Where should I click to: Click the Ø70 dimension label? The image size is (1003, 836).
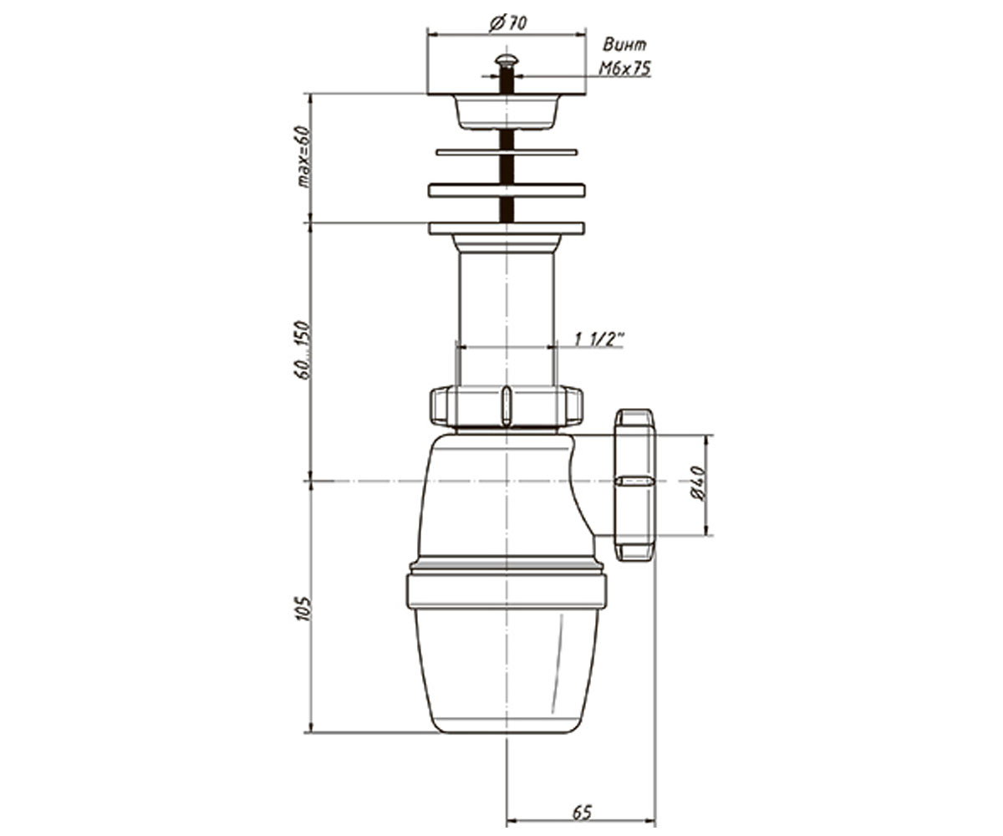[x=507, y=23]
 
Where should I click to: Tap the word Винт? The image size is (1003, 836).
[x=625, y=44]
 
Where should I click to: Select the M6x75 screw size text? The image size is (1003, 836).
[x=625, y=69]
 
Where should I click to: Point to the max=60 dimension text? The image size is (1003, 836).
[x=303, y=156]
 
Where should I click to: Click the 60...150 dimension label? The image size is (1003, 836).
[x=303, y=350]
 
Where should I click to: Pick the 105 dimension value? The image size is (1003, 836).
[x=303, y=609]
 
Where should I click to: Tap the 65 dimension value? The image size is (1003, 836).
[x=583, y=799]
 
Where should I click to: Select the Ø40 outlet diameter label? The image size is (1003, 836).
[x=699, y=484]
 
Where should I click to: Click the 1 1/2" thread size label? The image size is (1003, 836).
[x=599, y=339]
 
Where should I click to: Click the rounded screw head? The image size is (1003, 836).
[x=507, y=60]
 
